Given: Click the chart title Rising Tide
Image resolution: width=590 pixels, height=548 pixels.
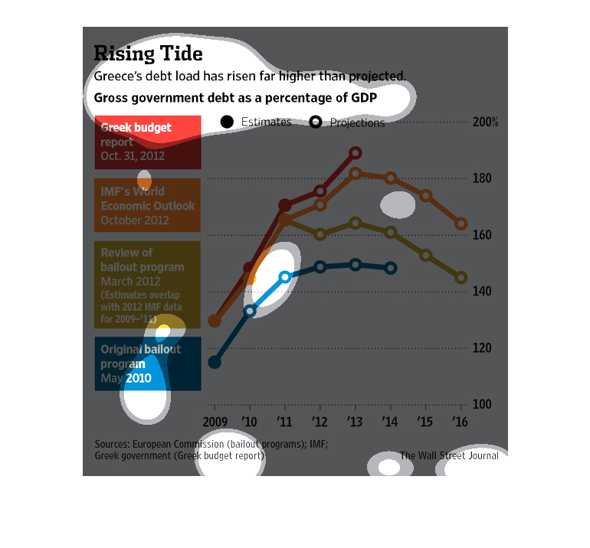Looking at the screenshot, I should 148,54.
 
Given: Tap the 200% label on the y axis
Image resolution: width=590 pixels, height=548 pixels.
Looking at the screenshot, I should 486,122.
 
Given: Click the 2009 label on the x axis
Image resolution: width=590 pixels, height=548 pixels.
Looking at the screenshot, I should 215,421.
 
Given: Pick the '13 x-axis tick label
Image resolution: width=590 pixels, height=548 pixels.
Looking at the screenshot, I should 356,421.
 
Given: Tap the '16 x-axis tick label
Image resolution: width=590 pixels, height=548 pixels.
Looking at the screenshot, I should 461,421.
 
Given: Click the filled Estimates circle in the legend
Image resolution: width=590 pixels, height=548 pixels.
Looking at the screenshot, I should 227,122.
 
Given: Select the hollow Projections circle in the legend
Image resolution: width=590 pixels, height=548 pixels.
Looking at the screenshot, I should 316,122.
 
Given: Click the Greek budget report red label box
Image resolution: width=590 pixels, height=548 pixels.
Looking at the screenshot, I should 148,142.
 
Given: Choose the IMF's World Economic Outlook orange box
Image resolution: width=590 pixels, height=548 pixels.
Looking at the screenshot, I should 148,205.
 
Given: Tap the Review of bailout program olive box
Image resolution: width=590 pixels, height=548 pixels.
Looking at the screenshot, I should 148,274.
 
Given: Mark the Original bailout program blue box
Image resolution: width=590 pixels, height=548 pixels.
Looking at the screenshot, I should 148,364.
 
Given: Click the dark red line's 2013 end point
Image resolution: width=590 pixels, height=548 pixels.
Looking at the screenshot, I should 356,153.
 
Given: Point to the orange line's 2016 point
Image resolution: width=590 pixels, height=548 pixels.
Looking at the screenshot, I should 461,224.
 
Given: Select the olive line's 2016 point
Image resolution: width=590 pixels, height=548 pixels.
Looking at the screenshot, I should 461,278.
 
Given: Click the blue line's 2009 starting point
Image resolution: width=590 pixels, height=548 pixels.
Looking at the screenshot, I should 215,362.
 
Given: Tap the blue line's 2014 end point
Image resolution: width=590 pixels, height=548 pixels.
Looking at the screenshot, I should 391,268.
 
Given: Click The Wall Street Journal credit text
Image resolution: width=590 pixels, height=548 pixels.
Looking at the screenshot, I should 449,456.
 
